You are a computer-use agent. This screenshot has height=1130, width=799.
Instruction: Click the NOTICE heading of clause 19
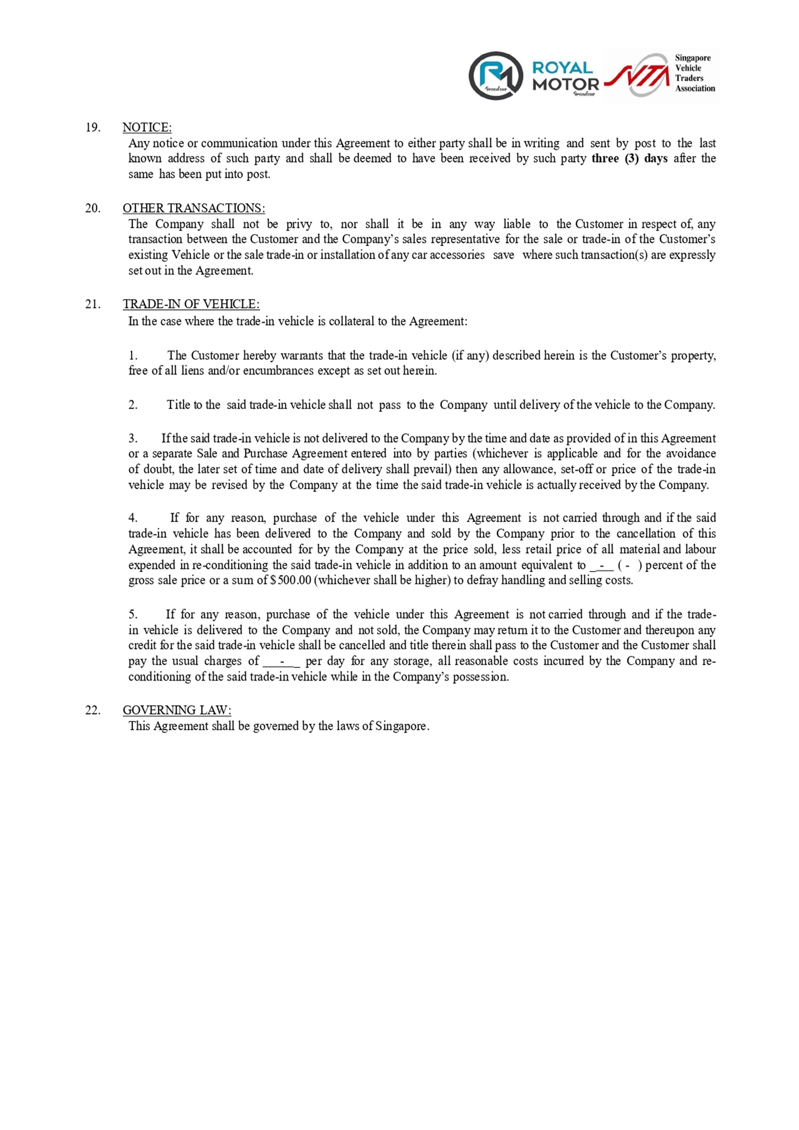point(147,128)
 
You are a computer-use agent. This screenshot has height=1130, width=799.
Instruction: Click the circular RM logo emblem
point(495,75)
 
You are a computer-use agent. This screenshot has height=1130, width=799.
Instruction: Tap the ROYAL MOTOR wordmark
point(565,76)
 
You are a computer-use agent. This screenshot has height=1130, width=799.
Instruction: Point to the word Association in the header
point(695,89)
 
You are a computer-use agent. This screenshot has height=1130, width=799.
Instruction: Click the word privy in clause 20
point(299,224)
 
